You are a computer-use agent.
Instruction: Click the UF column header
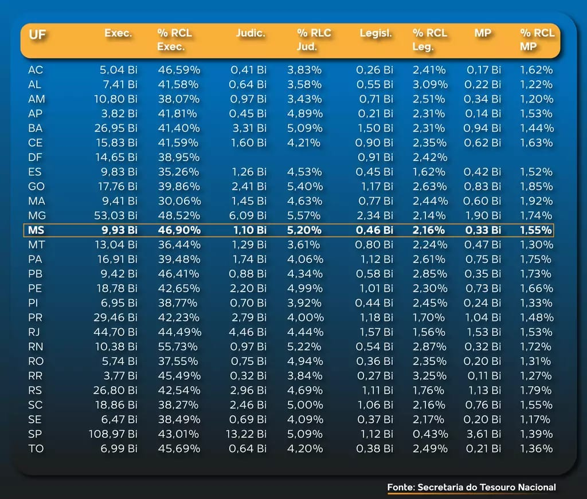(x=37, y=34)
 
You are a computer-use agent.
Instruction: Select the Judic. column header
(x=251, y=33)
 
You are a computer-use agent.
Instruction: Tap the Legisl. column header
(x=375, y=33)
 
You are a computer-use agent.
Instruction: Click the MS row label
(x=36, y=230)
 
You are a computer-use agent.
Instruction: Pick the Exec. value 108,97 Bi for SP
(x=113, y=434)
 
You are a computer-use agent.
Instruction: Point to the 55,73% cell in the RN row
(x=179, y=347)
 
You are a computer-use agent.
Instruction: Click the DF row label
(x=35, y=158)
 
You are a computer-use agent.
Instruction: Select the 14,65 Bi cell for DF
(x=116, y=158)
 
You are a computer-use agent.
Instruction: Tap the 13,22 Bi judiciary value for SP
(x=247, y=434)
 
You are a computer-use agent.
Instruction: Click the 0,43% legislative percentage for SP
(x=430, y=434)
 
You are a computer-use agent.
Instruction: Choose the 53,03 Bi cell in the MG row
(x=116, y=216)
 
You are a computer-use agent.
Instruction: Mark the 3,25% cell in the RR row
(x=430, y=376)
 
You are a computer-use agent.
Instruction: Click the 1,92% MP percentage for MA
(x=537, y=201)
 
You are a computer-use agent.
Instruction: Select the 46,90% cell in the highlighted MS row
(x=179, y=230)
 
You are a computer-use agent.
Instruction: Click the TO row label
(x=36, y=449)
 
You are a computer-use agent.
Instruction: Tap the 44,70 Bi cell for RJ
(x=116, y=332)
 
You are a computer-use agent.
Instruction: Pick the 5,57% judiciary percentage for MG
(x=304, y=216)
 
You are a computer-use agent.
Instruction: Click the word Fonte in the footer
(x=401, y=488)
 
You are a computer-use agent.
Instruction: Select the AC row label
(x=35, y=70)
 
